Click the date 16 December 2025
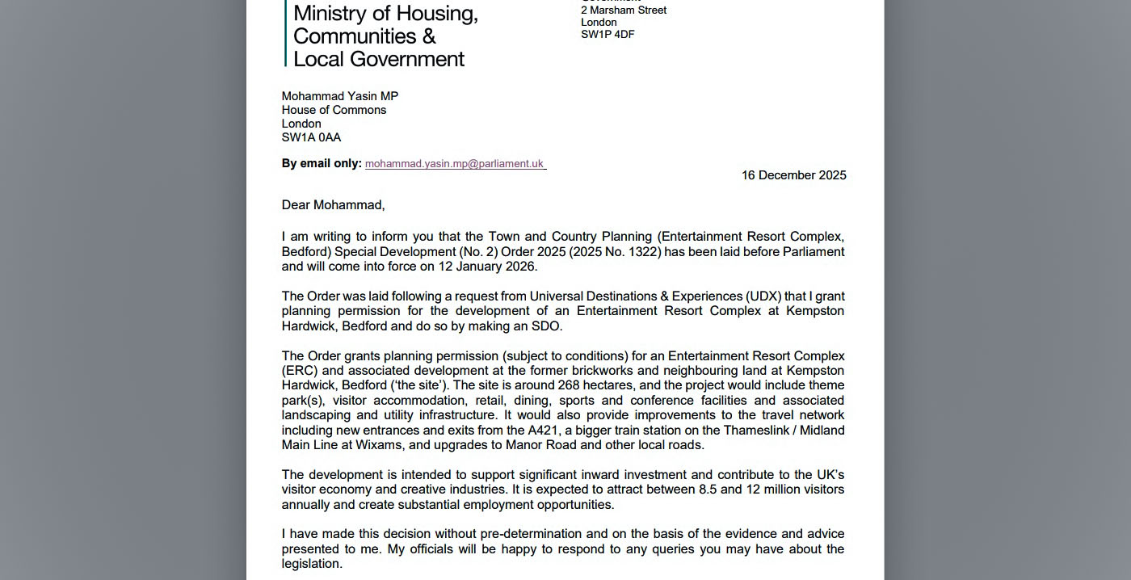[x=793, y=175]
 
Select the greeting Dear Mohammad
[x=333, y=205]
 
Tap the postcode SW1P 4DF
[x=608, y=35]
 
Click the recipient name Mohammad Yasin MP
[x=339, y=96]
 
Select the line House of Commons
[x=334, y=110]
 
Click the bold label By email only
[x=321, y=163]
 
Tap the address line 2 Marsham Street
[x=624, y=11]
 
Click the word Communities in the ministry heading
[x=355, y=36]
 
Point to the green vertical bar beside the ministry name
[x=285, y=32]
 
